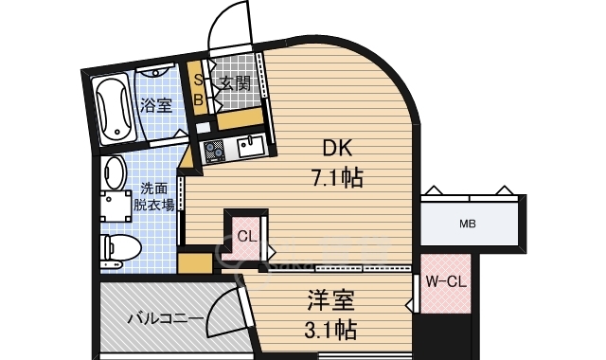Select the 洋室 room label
tap(330, 302)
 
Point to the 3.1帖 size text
tap(330, 331)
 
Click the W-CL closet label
tap(444, 281)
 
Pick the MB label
tap(468, 225)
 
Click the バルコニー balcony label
tap(166, 317)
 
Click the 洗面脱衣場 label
tap(152, 196)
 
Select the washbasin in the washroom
tap(116, 172)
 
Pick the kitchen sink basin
tap(251, 146)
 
